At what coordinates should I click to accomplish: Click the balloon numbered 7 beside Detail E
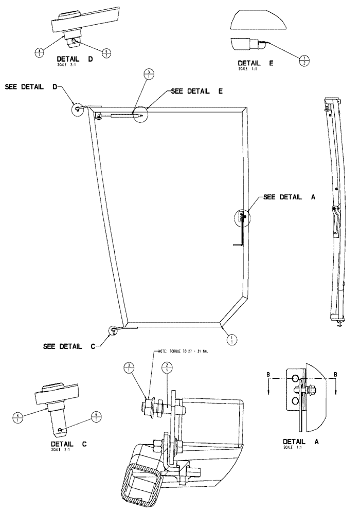click(304, 59)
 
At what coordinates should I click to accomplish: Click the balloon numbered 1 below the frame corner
click(232, 339)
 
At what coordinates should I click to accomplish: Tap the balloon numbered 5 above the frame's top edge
click(148, 75)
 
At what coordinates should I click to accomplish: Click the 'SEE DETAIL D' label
click(31, 87)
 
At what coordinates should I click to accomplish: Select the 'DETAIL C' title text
click(69, 444)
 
